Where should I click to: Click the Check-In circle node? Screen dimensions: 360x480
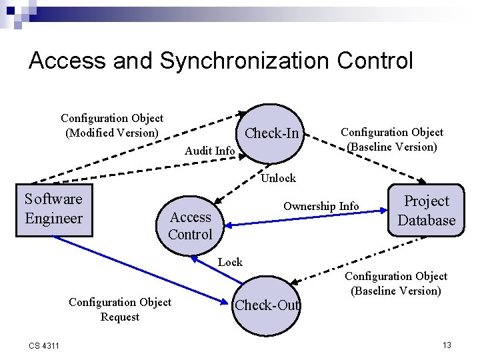point(272,133)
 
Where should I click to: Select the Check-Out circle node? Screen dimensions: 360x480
point(267,305)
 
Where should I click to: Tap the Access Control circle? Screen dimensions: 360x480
point(190,225)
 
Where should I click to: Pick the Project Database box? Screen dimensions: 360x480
point(427,211)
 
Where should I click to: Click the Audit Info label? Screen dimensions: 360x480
point(209,151)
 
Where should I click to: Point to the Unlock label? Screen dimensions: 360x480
point(278,178)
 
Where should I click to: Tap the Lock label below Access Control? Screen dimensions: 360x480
point(230,262)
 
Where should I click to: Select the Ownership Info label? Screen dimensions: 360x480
point(321,206)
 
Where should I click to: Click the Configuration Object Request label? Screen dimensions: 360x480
point(120,309)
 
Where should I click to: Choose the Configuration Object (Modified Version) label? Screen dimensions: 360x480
point(112,125)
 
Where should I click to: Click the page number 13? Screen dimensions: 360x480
point(447,345)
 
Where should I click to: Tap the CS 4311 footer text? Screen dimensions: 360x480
point(44,345)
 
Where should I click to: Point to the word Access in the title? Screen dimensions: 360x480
point(67,61)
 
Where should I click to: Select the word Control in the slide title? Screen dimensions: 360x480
point(375,61)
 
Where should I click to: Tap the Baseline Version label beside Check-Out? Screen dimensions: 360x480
point(396,283)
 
